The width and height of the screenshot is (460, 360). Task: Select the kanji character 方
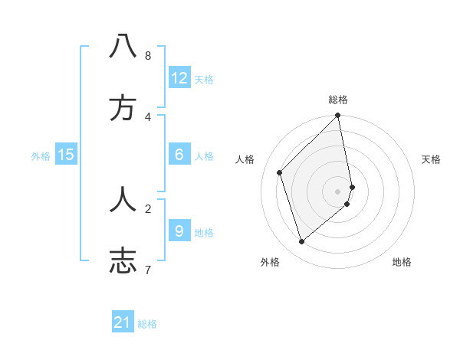(x=123, y=109)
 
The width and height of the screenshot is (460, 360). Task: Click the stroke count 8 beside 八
(x=147, y=56)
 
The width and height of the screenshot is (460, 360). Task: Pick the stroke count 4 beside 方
(x=147, y=117)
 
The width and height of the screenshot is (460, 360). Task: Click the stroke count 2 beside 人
(x=147, y=208)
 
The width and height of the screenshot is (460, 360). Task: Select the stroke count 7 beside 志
(x=147, y=270)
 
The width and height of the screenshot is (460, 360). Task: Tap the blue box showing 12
(x=179, y=78)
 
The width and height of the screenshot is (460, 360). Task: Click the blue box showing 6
(x=179, y=155)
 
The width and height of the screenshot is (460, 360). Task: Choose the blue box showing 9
(x=179, y=231)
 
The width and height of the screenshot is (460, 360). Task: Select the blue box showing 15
(x=66, y=155)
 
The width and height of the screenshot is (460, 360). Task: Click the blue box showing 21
(x=123, y=322)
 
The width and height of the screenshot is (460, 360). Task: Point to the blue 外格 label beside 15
(x=41, y=156)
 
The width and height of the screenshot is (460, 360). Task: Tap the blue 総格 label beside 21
(x=147, y=324)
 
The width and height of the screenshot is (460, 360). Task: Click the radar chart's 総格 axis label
(x=338, y=100)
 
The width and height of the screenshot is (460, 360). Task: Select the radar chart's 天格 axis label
(x=432, y=159)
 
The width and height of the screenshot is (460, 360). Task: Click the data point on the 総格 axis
(x=338, y=116)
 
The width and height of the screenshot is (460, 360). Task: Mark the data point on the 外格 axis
(x=302, y=242)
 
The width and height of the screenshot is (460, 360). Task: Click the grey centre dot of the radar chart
(x=338, y=191)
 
